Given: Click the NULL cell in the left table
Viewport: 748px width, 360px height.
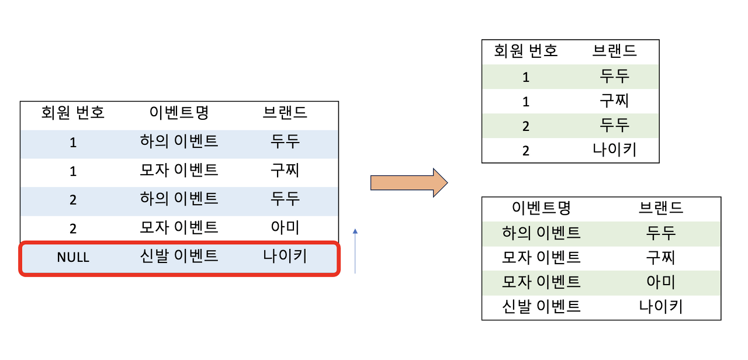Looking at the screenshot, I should pyautogui.click(x=73, y=257).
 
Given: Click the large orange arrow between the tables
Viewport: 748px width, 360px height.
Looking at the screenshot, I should pyautogui.click(x=408, y=183).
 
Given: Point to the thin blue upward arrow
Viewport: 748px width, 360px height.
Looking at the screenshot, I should pyautogui.click(x=355, y=251).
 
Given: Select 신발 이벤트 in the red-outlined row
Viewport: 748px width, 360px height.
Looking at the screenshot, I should pyautogui.click(x=179, y=256).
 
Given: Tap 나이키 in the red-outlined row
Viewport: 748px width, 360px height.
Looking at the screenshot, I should pyautogui.click(x=285, y=256).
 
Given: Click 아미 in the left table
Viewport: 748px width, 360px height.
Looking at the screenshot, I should pyautogui.click(x=285, y=227).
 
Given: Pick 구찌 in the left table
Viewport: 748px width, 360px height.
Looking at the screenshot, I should pyautogui.click(x=285, y=170).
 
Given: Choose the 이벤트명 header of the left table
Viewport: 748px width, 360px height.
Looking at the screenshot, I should pyautogui.click(x=179, y=112).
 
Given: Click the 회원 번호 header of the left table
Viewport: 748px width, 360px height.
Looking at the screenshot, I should pyautogui.click(x=73, y=112).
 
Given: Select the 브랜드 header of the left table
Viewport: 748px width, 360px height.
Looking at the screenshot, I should pyautogui.click(x=285, y=112).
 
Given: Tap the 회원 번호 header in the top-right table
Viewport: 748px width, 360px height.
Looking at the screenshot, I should pyautogui.click(x=526, y=51).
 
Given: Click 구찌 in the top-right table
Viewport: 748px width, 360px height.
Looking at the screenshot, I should pyautogui.click(x=614, y=101).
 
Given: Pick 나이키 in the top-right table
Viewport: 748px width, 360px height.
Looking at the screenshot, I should pyautogui.click(x=614, y=150).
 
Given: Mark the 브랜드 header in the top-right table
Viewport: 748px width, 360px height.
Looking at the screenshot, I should pyautogui.click(x=614, y=51).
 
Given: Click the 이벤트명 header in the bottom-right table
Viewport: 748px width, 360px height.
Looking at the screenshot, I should pyautogui.click(x=541, y=207).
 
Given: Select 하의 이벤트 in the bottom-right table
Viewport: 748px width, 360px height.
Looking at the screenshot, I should pyautogui.click(x=541, y=233).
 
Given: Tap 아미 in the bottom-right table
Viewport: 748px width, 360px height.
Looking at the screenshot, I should pyautogui.click(x=661, y=282).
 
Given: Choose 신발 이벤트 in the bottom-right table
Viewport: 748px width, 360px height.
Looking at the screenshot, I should pyautogui.click(x=541, y=306).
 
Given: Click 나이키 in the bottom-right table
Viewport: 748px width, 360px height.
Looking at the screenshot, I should pyautogui.click(x=661, y=306).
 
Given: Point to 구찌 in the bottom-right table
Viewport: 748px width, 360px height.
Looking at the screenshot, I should pyautogui.click(x=661, y=257).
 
